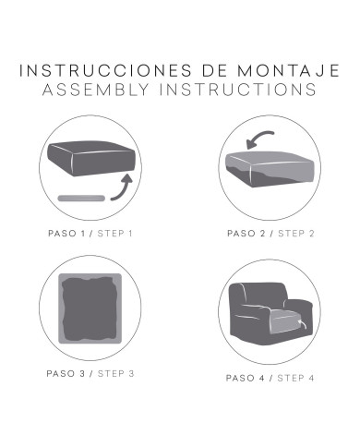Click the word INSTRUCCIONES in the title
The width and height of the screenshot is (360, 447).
click(x=105, y=70)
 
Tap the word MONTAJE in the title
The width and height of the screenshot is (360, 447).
click(x=289, y=70)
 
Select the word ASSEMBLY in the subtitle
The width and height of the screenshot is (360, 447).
click(x=96, y=90)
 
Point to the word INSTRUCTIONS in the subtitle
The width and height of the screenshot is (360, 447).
click(x=238, y=90)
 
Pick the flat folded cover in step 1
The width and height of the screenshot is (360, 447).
click(x=81, y=198)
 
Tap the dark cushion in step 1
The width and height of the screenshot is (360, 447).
click(x=91, y=158)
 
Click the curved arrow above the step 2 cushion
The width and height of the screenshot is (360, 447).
click(x=258, y=139)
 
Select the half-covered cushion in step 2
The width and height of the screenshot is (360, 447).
click(x=270, y=169)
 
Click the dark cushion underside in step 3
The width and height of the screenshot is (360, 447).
click(x=90, y=308)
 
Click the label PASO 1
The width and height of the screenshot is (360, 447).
click(x=66, y=234)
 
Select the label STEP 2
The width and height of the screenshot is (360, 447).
click(x=296, y=234)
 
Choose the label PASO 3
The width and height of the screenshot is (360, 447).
click(x=66, y=374)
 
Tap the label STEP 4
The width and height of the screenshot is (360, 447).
click(x=295, y=378)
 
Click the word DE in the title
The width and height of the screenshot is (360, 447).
click(x=215, y=70)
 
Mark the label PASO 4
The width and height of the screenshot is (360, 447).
click(x=246, y=378)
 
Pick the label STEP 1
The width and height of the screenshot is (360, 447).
click(x=114, y=234)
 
